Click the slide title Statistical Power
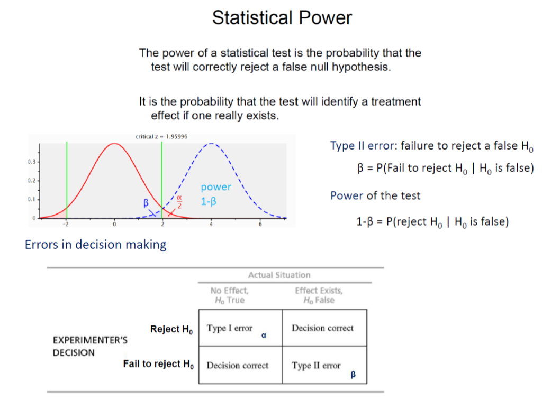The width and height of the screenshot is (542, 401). (x=282, y=18)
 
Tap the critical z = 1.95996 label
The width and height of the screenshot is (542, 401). (x=161, y=136)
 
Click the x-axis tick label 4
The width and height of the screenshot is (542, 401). (x=211, y=224)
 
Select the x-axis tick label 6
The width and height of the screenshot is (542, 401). (x=260, y=224)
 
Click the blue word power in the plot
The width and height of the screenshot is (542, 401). (x=216, y=187)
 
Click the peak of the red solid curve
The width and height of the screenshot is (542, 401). (x=114, y=143)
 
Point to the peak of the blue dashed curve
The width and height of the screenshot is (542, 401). (x=211, y=143)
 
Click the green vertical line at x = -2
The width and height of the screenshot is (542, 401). (x=67, y=180)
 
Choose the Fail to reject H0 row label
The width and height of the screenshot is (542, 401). (x=158, y=364)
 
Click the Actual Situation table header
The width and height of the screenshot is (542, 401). (x=279, y=275)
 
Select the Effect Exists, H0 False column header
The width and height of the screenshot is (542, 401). (x=319, y=295)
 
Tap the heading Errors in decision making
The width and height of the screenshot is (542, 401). (x=95, y=245)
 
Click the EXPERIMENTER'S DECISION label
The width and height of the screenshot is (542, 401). (x=89, y=346)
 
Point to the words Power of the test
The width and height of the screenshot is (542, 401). (x=375, y=195)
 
